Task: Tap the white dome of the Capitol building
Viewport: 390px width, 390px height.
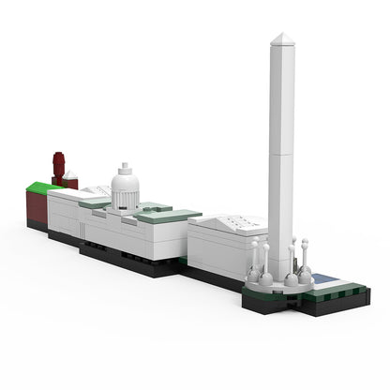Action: tap(125, 182)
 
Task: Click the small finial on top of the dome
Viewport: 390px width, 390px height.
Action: tap(125, 165)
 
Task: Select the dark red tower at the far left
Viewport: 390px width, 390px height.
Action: tap(59, 166)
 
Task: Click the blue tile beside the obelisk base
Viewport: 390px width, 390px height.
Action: tap(323, 278)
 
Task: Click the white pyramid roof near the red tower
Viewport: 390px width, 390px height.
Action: tap(71, 175)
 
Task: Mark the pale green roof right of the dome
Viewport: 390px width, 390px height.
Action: tap(169, 216)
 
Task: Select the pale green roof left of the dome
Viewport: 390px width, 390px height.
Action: tap(95, 202)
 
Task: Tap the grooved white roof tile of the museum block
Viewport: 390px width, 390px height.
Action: tap(230, 223)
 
